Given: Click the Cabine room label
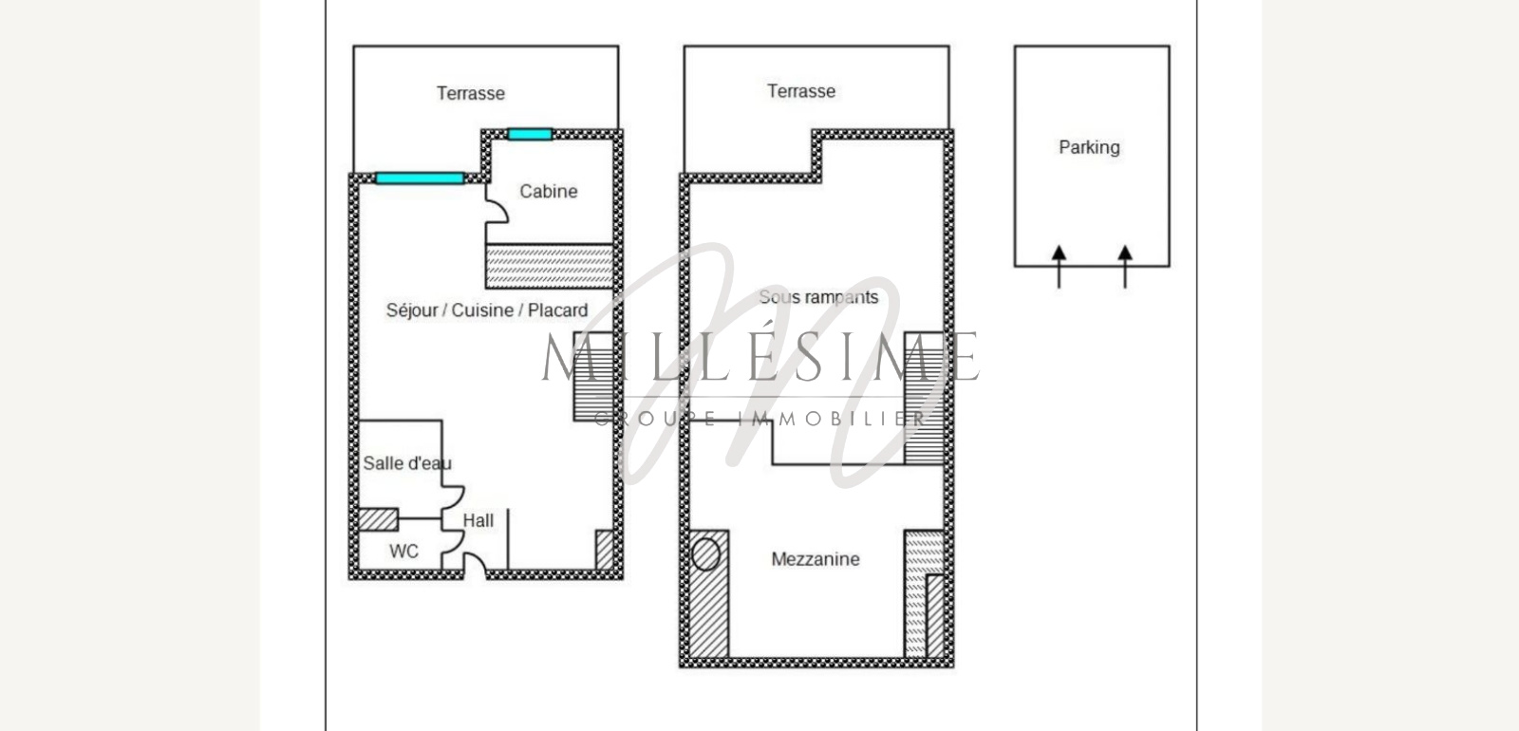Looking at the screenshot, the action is [549, 191].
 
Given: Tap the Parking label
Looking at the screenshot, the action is [1089, 147].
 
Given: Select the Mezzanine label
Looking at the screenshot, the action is [816, 559].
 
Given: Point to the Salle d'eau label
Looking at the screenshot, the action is [407, 463].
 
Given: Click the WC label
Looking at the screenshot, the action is [403, 552].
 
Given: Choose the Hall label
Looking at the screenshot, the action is [478, 520].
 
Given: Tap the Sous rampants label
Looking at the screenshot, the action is [818, 297].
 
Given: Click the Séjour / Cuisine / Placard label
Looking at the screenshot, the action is [487, 309].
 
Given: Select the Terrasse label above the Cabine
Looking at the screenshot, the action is [471, 93].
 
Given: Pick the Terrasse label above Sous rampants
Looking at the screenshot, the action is [801, 91].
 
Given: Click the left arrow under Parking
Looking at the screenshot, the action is [1059, 267].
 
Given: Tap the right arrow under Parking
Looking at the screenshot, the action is [1125, 267].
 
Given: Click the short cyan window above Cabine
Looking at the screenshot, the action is [530, 134].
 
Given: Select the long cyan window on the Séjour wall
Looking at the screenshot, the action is [420, 178].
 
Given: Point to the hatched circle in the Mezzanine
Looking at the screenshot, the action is [706, 554].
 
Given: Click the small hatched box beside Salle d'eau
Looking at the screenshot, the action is [378, 519].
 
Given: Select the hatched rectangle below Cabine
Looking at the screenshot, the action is [550, 267].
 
